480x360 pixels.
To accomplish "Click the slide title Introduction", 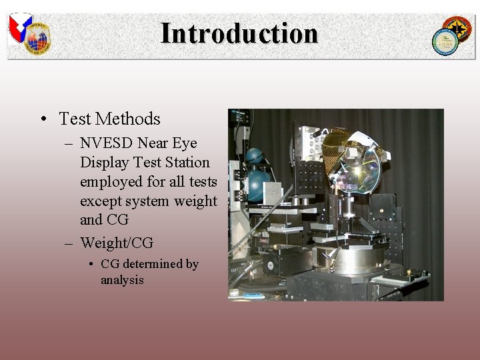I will click(239, 33).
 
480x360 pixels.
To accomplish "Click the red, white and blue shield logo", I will click(20, 26).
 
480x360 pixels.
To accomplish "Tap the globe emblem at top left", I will click(38, 39).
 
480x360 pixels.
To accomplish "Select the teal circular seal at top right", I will click(445, 42).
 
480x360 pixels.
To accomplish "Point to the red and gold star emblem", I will click(459, 29).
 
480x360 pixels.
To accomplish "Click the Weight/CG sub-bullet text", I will click(117, 242).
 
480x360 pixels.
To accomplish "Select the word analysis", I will click(122, 280).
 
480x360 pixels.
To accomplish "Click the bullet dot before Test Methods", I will click(42, 119).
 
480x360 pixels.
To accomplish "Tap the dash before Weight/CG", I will click(69, 243).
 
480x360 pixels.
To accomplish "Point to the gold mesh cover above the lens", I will click(340, 140).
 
